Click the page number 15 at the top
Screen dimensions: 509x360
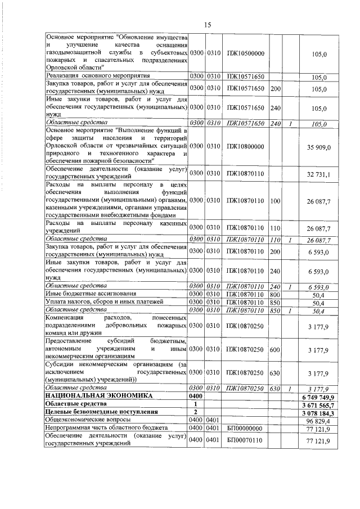(206, 25)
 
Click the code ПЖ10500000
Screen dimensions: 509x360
(245, 53)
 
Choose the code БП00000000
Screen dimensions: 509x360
(245, 428)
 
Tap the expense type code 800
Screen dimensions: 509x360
(275, 294)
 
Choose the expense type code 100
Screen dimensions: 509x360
(275, 200)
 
